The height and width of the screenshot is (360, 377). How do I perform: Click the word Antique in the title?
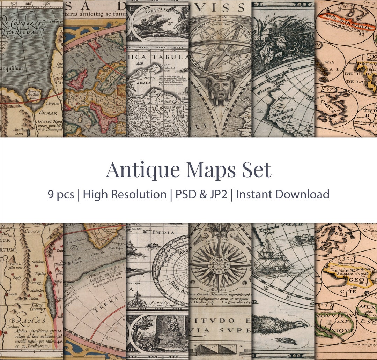[x=143, y=170]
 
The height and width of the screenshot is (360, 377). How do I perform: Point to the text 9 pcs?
[x=61, y=194]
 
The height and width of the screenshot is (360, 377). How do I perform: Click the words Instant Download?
[x=282, y=194]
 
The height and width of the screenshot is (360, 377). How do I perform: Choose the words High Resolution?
[x=125, y=194]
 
